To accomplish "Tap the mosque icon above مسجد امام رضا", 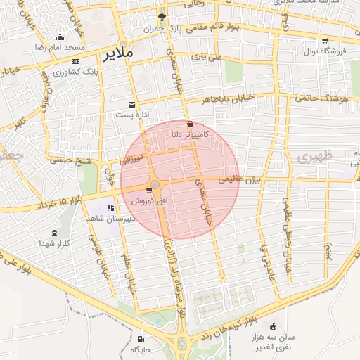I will coord(60,37).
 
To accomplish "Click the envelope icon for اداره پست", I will coord(131,104).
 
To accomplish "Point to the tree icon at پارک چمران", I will coord(162,17).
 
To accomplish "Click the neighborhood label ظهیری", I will coord(311,158).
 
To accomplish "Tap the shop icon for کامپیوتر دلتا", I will coord(190,124).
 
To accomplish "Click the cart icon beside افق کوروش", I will coord(149,190).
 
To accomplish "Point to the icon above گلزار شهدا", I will coord(55,232).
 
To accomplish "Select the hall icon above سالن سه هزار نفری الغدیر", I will coord(273,326).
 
